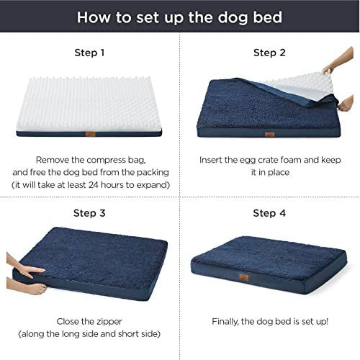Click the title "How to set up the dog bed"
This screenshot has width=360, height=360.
pos(179,17)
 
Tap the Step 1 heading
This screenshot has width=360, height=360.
pos(89,53)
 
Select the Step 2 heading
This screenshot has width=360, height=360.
pos(269,53)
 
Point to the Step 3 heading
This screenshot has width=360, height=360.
pos(89,213)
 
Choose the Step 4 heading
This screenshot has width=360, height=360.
pos(269,213)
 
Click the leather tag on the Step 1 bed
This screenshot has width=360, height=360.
pos(91,134)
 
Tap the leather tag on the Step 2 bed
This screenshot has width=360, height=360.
pos(270,135)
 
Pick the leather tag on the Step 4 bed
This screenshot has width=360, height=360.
pos(244,278)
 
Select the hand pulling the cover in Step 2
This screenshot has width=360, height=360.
pos(346,103)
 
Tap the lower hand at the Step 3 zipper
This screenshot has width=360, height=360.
pos(27,286)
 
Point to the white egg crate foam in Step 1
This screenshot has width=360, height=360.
pos(89,104)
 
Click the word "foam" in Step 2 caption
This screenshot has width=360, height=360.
pos(291,160)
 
